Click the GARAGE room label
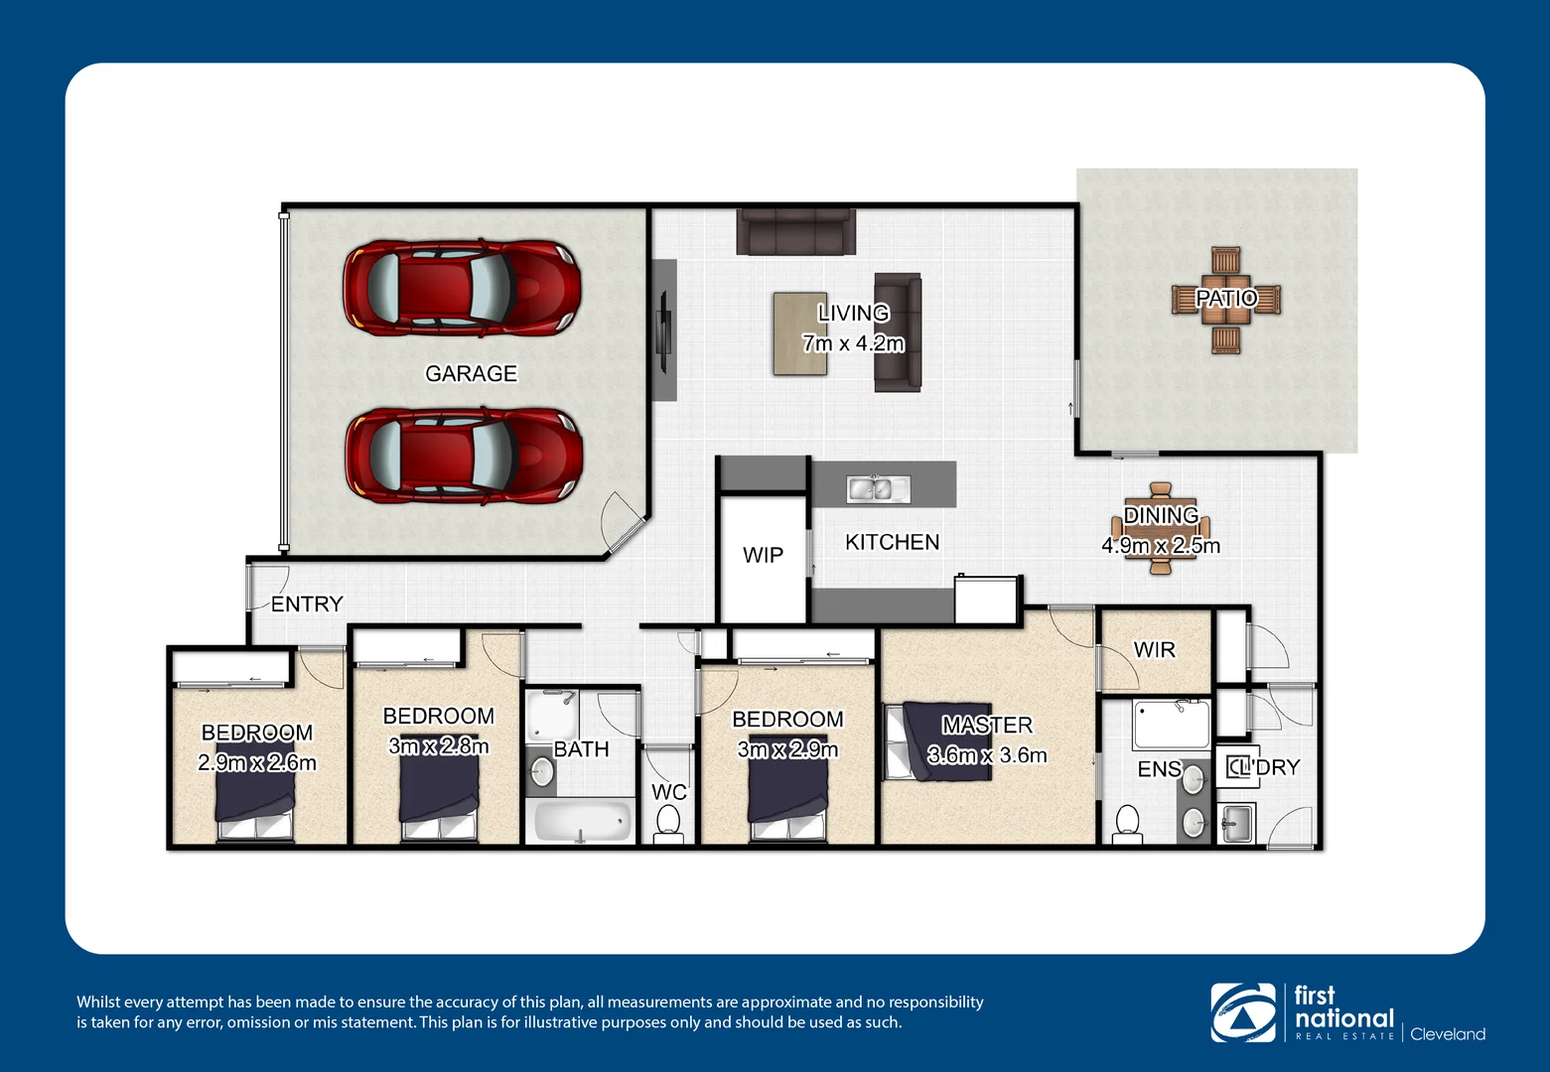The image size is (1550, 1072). point(471,373)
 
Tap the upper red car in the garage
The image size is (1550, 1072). point(462,288)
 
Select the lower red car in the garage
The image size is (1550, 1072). point(463,456)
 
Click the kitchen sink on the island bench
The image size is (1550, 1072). point(878,488)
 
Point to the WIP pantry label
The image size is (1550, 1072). point(763,555)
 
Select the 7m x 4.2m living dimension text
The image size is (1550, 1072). point(853,343)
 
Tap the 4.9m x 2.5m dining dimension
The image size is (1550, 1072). point(1160,545)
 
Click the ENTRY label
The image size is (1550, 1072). point(307,603)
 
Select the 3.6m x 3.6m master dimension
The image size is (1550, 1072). point(987,754)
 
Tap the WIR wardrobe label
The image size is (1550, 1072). point(1154,650)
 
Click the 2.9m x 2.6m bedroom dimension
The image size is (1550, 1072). point(257,762)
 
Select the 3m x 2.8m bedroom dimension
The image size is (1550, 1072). point(438,745)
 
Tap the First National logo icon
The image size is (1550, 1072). point(1242,1012)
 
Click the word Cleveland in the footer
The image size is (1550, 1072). point(1447,1034)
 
